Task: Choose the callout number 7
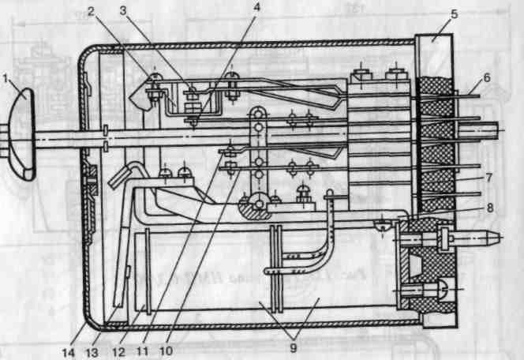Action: [490, 178]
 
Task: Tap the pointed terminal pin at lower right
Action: [489, 235]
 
